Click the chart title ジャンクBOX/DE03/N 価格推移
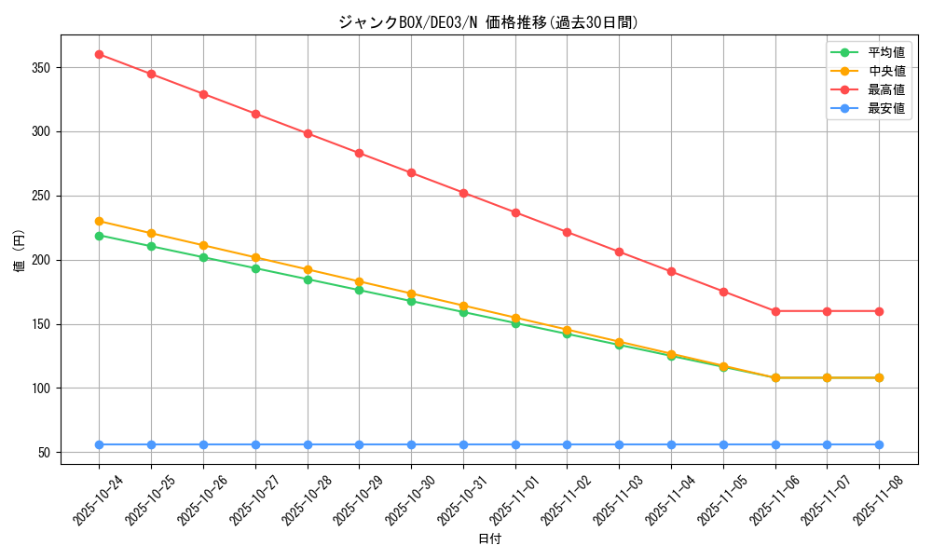click(488, 22)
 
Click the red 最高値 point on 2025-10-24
click(99, 54)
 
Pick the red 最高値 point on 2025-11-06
click(775, 311)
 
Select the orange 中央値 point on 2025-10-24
click(99, 221)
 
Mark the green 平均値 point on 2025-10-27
click(255, 268)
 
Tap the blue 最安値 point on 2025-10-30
click(411, 444)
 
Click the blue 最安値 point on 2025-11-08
click(879, 444)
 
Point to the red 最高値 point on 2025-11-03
click(619, 252)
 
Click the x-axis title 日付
click(489, 539)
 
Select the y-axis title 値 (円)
click(20, 252)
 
